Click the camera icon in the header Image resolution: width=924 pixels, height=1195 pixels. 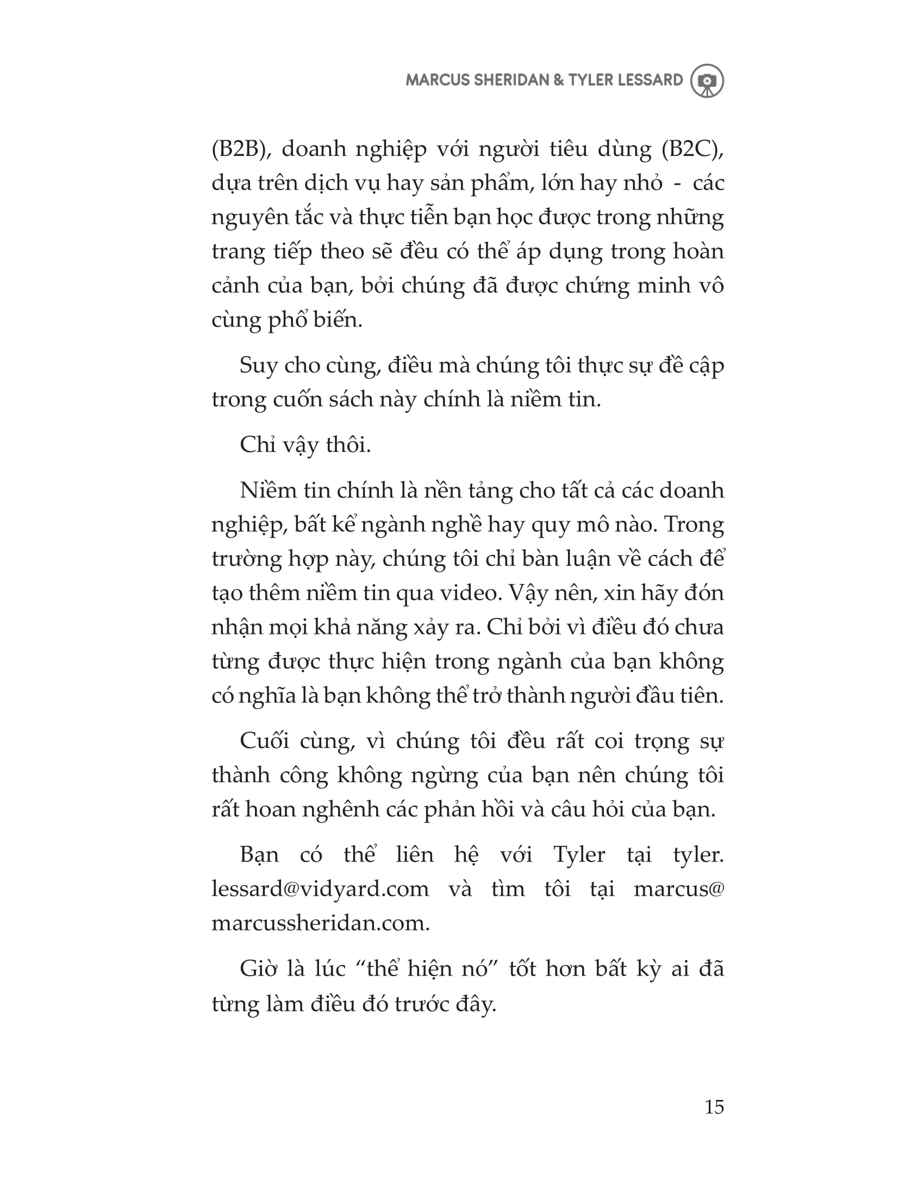(x=707, y=81)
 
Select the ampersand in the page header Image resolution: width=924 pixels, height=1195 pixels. (x=558, y=80)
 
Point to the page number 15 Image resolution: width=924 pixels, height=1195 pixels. (x=714, y=1106)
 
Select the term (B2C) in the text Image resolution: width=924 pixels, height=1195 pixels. (x=692, y=149)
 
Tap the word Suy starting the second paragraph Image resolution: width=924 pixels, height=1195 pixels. (x=258, y=366)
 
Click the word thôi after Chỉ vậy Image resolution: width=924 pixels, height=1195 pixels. (x=348, y=445)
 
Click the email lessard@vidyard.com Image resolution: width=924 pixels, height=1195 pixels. (x=320, y=889)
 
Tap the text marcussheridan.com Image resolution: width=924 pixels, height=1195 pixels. (x=320, y=923)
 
